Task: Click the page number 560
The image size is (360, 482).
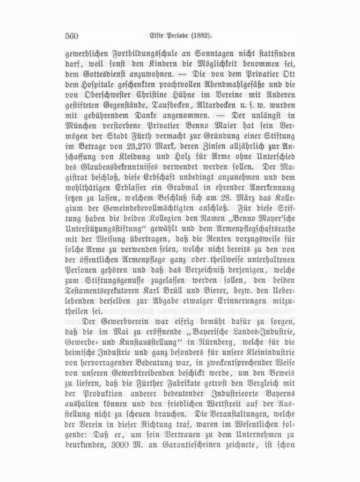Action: [71, 36]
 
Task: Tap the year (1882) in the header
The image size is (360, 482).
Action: [197, 36]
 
